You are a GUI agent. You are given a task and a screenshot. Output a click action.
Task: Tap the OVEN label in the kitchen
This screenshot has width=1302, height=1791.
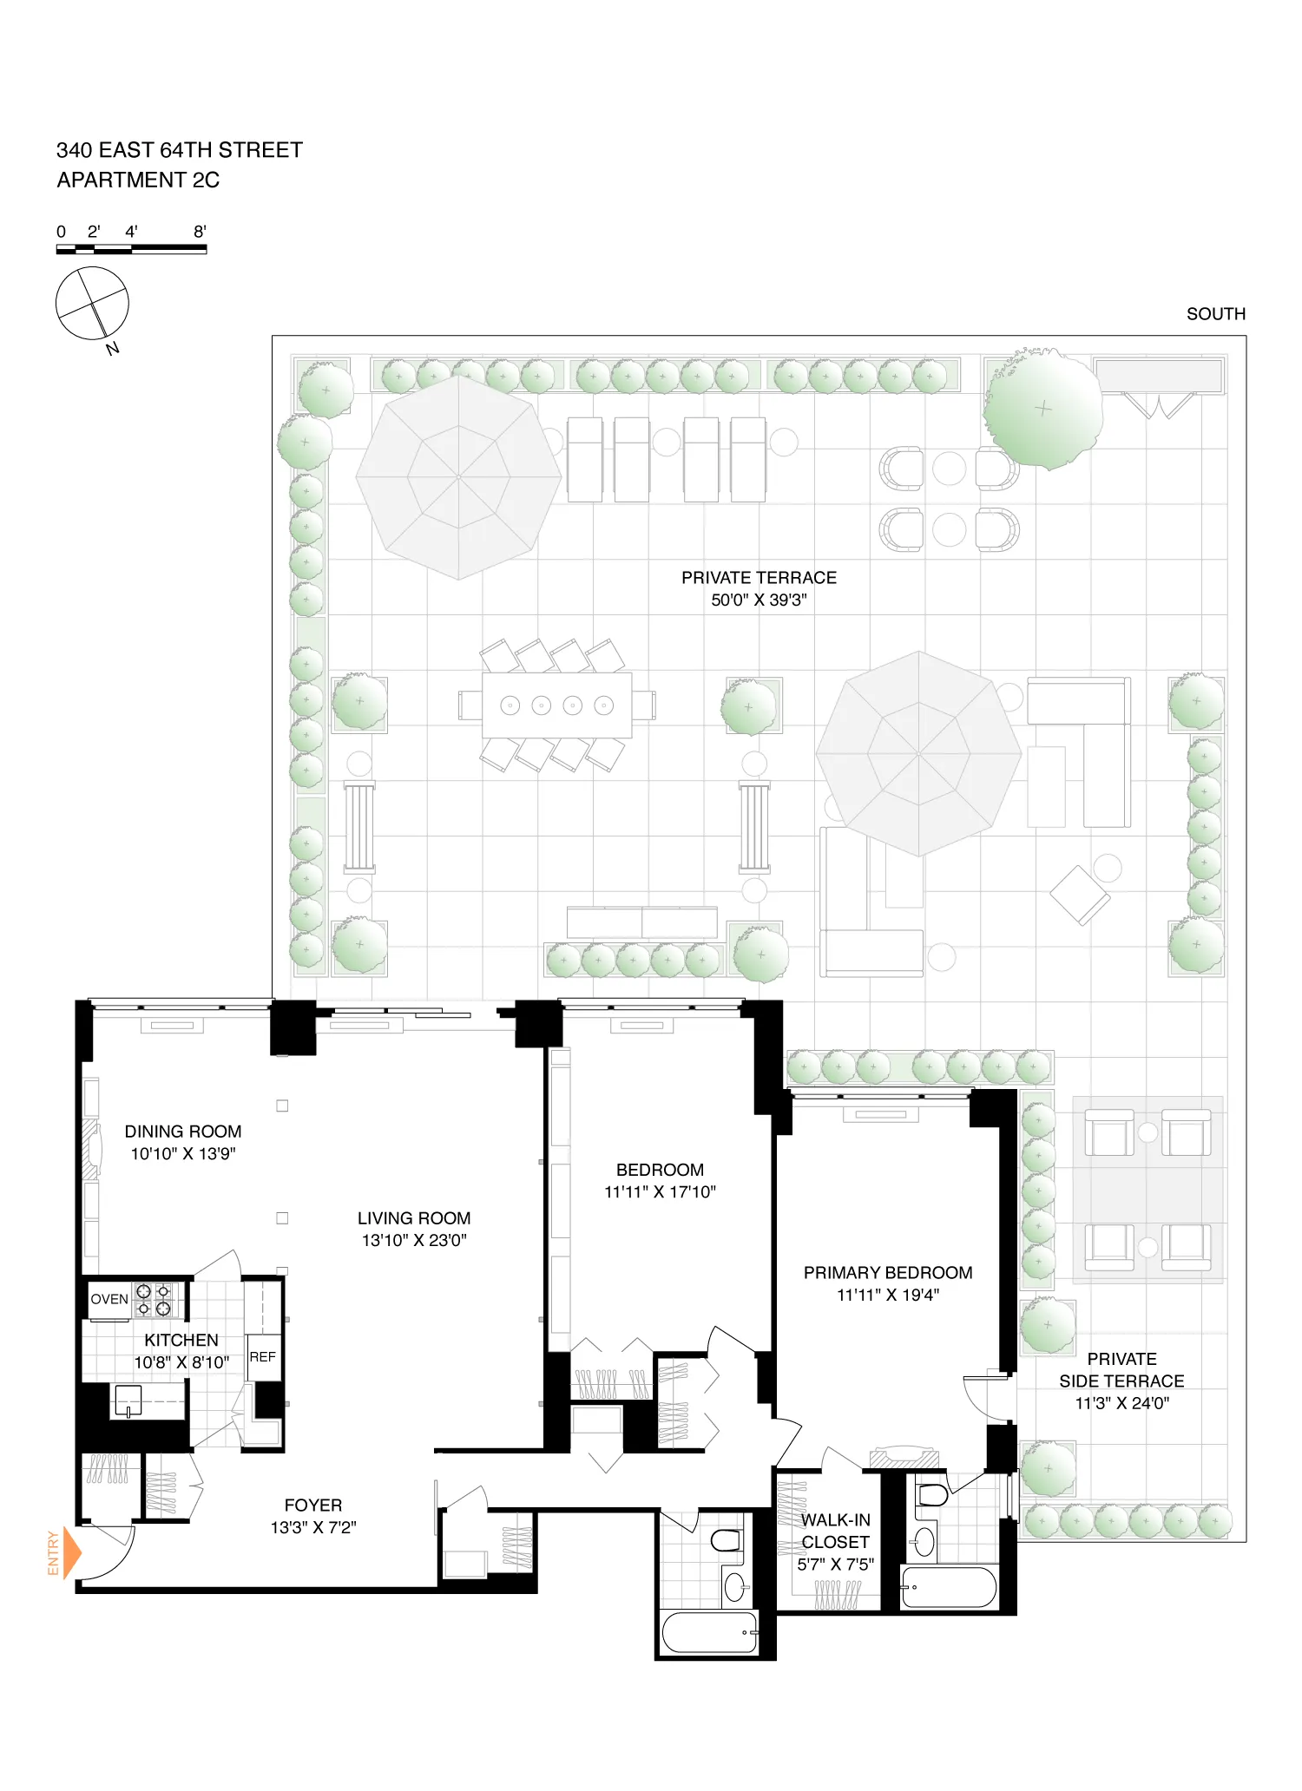pyautogui.click(x=109, y=1299)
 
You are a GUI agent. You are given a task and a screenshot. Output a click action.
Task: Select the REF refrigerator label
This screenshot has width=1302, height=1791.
pyautogui.click(x=262, y=1357)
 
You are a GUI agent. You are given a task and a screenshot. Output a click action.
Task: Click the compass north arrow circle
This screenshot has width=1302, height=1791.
pyautogui.click(x=92, y=304)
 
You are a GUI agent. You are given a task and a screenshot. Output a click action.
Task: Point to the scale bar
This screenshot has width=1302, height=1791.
pyautogui.click(x=131, y=249)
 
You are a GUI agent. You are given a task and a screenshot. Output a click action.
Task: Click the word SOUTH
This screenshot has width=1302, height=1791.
pyautogui.click(x=1215, y=314)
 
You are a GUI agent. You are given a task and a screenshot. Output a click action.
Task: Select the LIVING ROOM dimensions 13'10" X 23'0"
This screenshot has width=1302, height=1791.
pyautogui.click(x=414, y=1241)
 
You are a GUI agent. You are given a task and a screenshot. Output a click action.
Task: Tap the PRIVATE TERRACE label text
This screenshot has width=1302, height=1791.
pyautogui.click(x=759, y=578)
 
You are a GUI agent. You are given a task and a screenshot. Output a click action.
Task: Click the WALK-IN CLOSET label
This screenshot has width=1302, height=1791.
pyautogui.click(x=835, y=1531)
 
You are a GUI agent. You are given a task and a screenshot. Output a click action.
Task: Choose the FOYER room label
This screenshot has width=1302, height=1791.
pyautogui.click(x=313, y=1506)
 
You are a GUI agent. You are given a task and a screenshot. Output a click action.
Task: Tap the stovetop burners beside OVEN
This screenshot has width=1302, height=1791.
pyautogui.click(x=154, y=1300)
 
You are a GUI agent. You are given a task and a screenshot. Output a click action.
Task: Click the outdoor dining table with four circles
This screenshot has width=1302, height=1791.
pyautogui.click(x=557, y=705)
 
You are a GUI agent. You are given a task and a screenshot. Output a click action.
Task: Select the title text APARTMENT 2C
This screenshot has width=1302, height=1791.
pyautogui.click(x=138, y=180)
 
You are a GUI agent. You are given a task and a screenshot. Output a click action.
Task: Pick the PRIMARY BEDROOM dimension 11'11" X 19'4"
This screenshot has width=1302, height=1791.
pyautogui.click(x=887, y=1296)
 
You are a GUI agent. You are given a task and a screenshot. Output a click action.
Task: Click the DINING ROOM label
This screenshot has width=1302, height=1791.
pyautogui.click(x=183, y=1132)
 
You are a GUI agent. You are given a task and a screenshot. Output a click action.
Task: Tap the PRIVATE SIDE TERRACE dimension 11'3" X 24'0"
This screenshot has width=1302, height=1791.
pyautogui.click(x=1121, y=1403)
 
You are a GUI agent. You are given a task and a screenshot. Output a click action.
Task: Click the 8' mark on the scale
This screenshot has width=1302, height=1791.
pyautogui.click(x=200, y=232)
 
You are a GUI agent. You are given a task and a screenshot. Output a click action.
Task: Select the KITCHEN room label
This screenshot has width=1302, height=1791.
pyautogui.click(x=181, y=1341)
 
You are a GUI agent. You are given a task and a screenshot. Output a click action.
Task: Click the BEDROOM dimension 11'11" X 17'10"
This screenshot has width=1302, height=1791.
pyautogui.click(x=660, y=1192)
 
